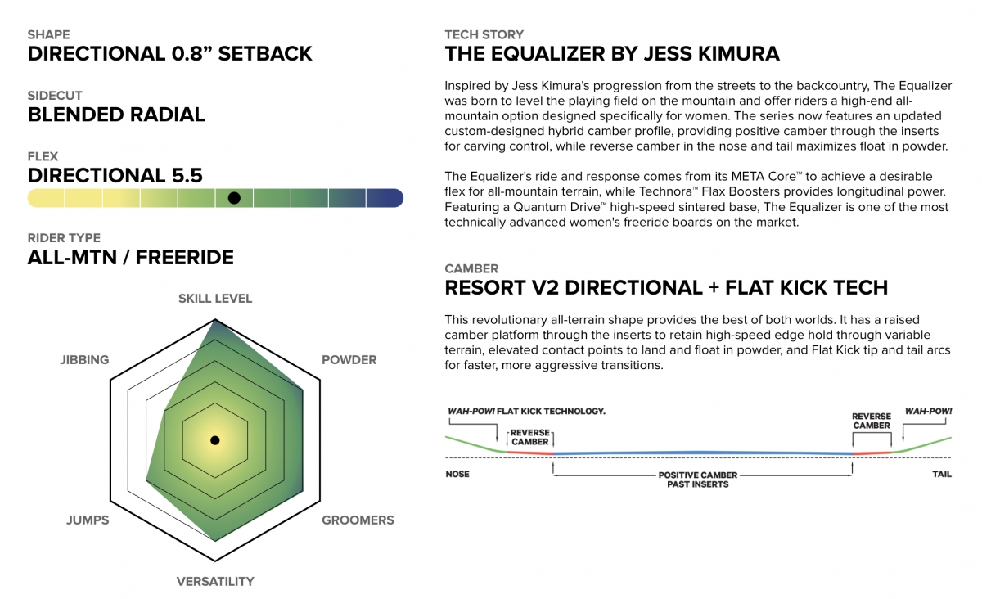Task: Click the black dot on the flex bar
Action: [234, 198]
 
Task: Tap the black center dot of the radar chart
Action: [214, 440]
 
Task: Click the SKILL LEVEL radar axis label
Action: [215, 299]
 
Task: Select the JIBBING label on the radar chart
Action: [84, 360]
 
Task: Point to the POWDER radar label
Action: [349, 360]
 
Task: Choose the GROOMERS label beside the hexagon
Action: [358, 520]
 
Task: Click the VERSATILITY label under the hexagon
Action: [215, 582]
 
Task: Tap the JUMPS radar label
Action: [88, 520]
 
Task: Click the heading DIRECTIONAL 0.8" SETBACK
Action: [169, 54]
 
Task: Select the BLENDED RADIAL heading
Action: [116, 115]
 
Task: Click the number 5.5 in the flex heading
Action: [184, 176]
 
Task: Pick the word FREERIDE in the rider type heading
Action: [185, 258]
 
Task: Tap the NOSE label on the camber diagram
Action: [457, 474]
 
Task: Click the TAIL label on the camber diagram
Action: [942, 474]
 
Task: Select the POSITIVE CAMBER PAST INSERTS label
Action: [698, 480]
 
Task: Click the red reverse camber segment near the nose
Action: [530, 453]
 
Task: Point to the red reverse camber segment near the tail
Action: [872, 453]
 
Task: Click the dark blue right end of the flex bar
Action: [385, 198]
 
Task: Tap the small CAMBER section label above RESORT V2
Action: [471, 268]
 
